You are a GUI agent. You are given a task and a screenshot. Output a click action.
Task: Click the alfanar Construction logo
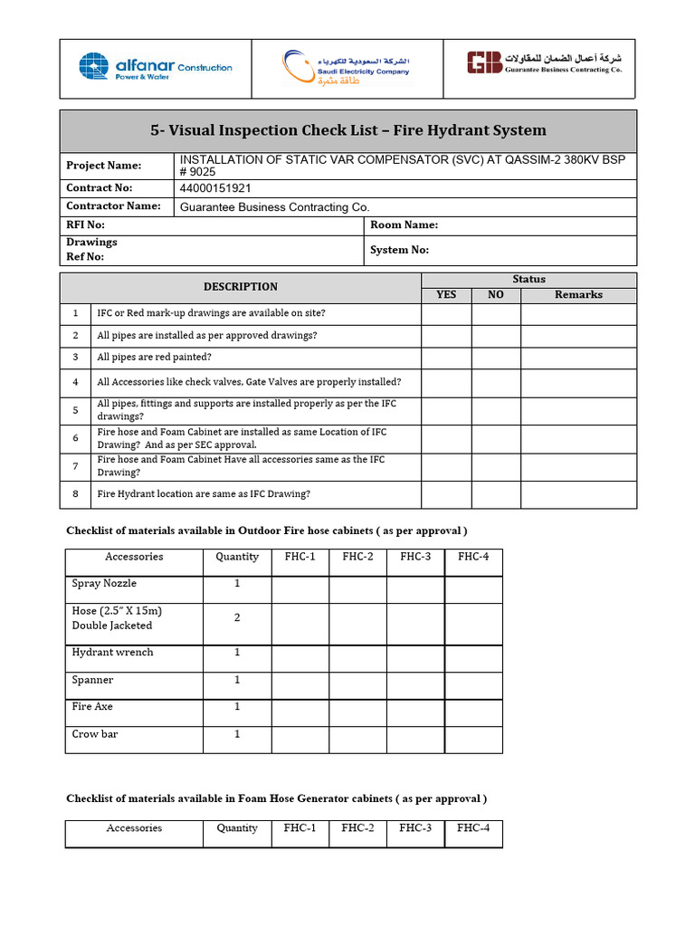click(x=155, y=67)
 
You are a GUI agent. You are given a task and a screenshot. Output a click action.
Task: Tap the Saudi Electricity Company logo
click(x=346, y=68)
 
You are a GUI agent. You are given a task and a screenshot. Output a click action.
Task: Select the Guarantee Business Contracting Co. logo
click(x=544, y=62)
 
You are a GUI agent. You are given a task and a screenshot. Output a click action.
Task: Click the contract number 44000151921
click(x=216, y=188)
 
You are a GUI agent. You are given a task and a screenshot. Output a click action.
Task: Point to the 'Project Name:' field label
click(x=104, y=166)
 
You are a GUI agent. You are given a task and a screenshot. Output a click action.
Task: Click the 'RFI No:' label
click(x=85, y=225)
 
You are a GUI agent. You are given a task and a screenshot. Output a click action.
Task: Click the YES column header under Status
click(x=446, y=294)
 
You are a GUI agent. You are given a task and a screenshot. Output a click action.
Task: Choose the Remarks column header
click(x=578, y=294)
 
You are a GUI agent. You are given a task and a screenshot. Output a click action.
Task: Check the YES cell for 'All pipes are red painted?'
click(x=446, y=357)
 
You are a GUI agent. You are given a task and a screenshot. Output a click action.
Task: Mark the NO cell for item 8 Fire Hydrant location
click(x=496, y=494)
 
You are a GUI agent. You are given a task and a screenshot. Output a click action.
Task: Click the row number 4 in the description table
click(x=76, y=382)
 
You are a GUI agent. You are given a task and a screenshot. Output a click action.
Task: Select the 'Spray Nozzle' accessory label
click(x=104, y=584)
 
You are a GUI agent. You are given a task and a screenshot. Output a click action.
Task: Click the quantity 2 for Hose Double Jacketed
click(x=237, y=617)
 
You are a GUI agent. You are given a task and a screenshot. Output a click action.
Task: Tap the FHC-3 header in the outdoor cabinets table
click(x=415, y=557)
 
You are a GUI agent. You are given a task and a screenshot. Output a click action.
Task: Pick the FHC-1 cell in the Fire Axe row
click(x=300, y=712)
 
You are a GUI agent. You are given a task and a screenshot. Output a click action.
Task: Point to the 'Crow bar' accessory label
click(x=95, y=734)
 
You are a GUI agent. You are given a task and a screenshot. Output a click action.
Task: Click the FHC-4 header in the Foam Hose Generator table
click(x=473, y=828)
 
